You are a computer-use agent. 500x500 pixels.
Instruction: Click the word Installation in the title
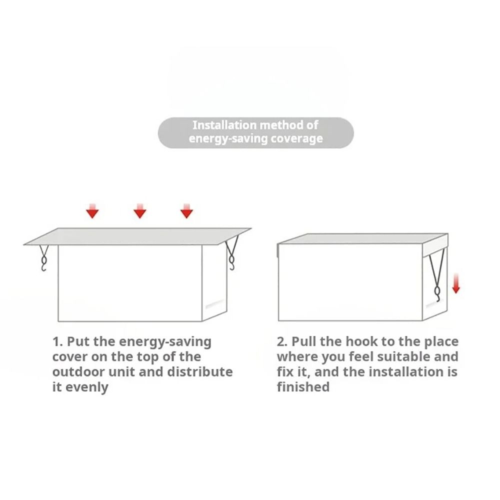[x=224, y=125]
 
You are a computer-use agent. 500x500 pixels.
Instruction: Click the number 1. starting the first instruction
[x=58, y=342]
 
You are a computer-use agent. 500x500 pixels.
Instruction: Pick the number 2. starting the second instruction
[x=282, y=342]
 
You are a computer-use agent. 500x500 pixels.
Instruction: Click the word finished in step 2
[x=303, y=387]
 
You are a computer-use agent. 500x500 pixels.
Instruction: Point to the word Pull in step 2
[x=304, y=342]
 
